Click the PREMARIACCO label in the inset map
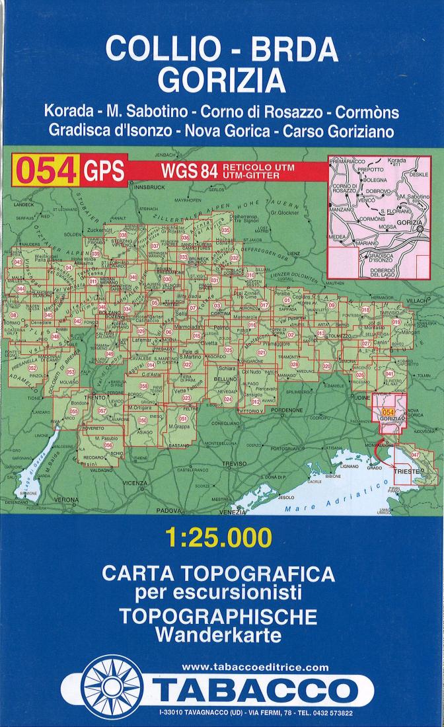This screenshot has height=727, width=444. point(346,161)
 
